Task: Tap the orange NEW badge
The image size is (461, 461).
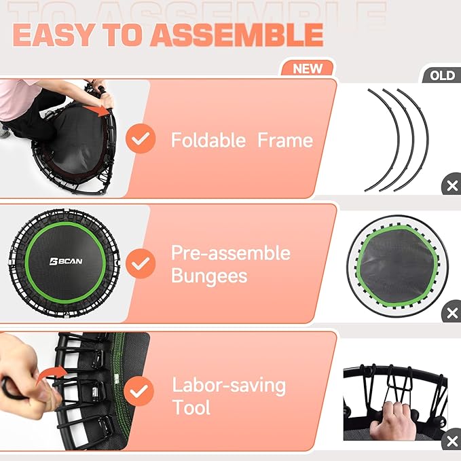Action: click(308, 68)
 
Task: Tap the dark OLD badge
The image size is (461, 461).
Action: click(441, 75)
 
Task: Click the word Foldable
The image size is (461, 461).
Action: click(208, 141)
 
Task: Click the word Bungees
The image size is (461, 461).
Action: click(209, 276)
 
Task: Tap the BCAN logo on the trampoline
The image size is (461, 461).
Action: click(66, 261)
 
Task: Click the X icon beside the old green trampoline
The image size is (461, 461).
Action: click(451, 314)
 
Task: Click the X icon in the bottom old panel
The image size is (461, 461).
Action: click(451, 443)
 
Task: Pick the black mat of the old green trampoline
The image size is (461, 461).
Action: click(397, 261)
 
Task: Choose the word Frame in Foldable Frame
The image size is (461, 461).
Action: click(285, 141)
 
